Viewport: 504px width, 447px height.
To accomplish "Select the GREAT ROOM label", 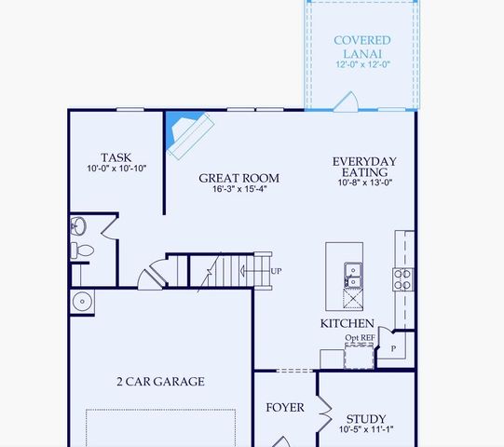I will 239,178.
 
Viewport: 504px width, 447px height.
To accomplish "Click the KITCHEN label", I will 347,323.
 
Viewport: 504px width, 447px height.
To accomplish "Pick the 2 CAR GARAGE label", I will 160,381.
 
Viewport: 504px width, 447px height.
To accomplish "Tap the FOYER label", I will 285,408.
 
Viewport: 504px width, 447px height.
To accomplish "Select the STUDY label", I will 365,419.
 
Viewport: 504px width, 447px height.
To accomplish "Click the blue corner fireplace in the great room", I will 184,129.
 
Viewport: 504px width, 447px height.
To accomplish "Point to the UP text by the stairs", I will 276,271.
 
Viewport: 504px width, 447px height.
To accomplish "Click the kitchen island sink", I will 353,274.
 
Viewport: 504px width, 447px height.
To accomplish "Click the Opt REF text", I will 360,337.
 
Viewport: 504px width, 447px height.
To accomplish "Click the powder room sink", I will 79,226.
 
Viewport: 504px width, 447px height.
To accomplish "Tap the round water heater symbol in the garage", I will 82,301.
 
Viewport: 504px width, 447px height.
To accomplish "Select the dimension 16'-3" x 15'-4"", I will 239,190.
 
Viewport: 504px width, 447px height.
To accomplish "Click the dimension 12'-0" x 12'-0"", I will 362,65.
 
